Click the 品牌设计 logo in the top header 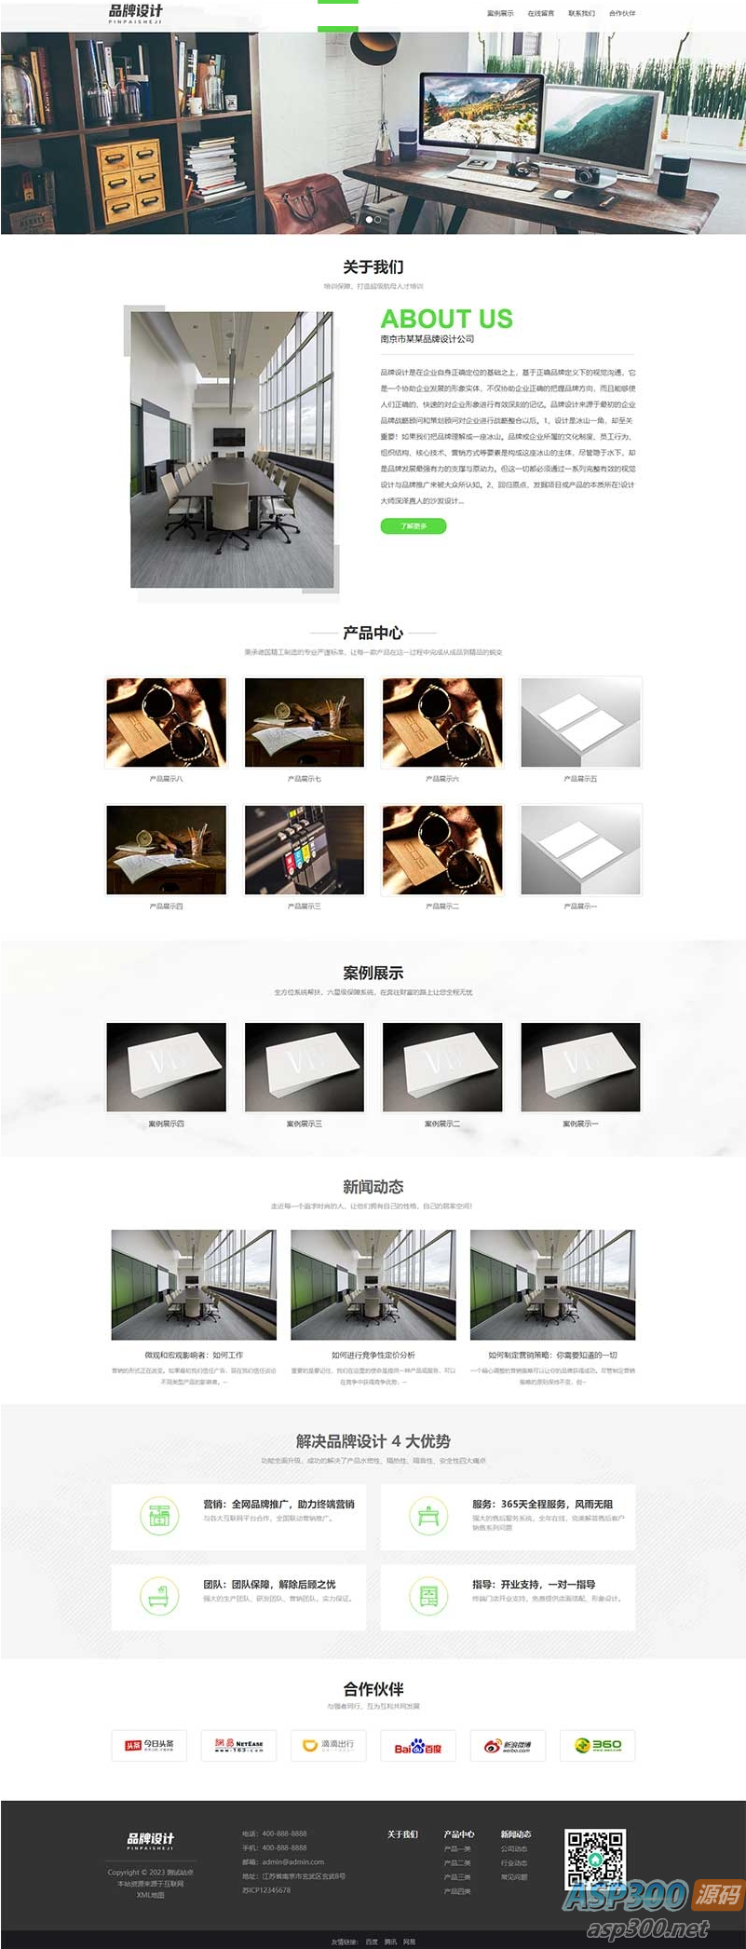[x=136, y=13]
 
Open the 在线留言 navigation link [x=540, y=14]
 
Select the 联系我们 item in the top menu [x=581, y=14]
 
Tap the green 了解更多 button [x=414, y=526]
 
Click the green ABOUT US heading [x=446, y=319]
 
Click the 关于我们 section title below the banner [x=373, y=267]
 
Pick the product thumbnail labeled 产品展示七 [x=304, y=723]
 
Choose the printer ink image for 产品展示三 [x=304, y=850]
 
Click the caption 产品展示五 [x=580, y=779]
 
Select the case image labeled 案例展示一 [x=580, y=1067]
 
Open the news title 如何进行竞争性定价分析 [x=373, y=1356]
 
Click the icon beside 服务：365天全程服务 [x=427, y=1517]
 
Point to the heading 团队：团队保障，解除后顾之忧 [x=269, y=1585]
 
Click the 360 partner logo [x=598, y=1746]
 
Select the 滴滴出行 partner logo [x=328, y=1746]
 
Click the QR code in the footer [x=595, y=1860]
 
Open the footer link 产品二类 [x=457, y=1863]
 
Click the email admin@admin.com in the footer [x=292, y=1862]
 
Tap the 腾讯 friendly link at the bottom [x=390, y=1942]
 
